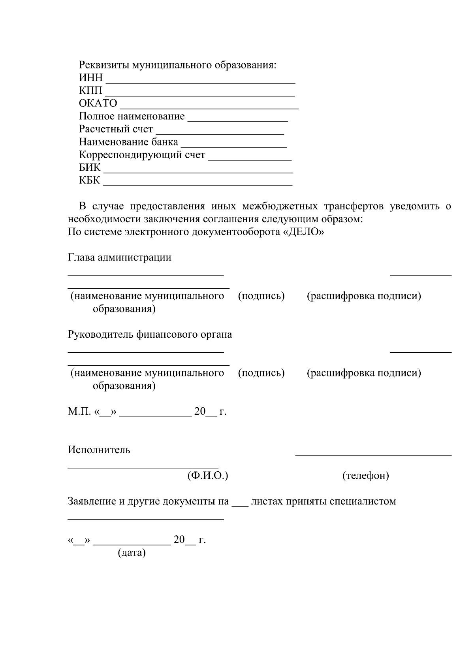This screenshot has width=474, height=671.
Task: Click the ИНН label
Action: click(x=90, y=77)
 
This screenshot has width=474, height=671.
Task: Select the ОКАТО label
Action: click(x=98, y=103)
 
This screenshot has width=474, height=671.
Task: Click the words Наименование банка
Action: click(x=128, y=142)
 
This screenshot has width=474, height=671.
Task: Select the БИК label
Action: click(x=90, y=168)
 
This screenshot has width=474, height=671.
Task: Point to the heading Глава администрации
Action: click(x=119, y=258)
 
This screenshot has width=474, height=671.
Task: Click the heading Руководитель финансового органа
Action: click(x=150, y=335)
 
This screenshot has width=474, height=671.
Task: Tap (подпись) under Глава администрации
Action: click(x=261, y=296)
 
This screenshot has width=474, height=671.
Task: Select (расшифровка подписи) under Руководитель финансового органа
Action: click(x=363, y=373)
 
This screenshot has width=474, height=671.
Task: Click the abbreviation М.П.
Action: click(x=79, y=412)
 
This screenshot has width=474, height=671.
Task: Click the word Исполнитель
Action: click(x=99, y=450)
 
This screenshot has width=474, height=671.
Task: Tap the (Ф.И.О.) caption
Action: click(x=207, y=476)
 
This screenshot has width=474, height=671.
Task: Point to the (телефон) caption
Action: click(x=365, y=476)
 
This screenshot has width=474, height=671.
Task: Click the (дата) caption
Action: click(x=132, y=553)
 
